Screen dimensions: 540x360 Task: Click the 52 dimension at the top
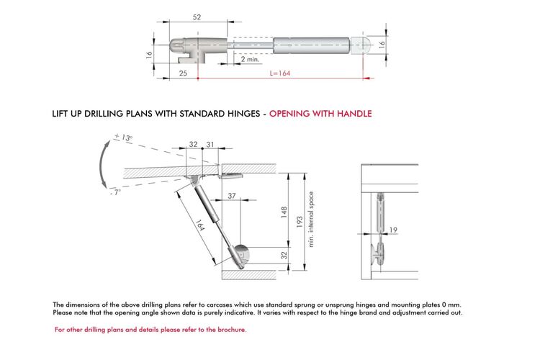tap(197, 17)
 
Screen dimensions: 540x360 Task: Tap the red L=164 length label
tap(280, 73)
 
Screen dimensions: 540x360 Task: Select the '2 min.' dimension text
tap(250, 59)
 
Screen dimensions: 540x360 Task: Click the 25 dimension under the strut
tap(183, 73)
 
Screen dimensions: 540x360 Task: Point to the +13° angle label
tap(123, 137)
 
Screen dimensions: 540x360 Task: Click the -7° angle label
tap(116, 192)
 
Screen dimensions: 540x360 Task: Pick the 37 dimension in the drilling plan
tap(232, 196)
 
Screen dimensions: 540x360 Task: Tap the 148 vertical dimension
tap(284, 212)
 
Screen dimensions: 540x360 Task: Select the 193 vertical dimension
tap(300, 222)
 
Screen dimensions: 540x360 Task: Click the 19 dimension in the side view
tap(393, 230)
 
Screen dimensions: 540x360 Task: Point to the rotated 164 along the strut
tap(199, 225)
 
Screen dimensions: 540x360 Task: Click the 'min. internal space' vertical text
tap(311, 220)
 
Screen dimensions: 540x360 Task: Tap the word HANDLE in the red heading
tap(354, 114)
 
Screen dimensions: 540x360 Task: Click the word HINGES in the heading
tap(244, 114)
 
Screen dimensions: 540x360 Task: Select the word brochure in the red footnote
tap(232, 330)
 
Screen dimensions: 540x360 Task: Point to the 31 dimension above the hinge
tap(210, 144)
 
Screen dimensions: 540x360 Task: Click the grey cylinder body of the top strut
tap(311, 45)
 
